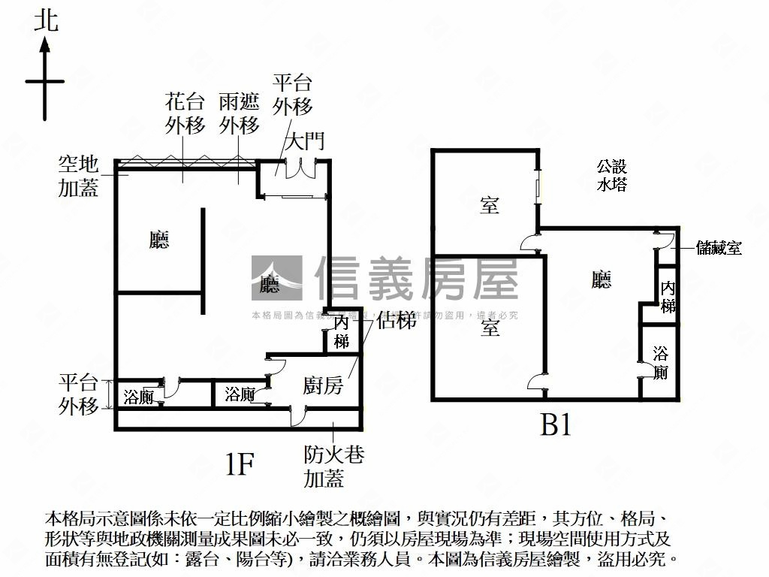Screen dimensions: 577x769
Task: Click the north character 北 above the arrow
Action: point(46,20)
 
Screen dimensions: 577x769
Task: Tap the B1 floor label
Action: point(556,426)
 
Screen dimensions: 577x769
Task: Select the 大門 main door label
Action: point(305,141)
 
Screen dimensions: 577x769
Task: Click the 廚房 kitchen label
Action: point(323,386)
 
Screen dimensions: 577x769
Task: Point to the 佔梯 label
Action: point(397,321)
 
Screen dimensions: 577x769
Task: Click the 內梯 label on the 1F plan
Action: point(342,332)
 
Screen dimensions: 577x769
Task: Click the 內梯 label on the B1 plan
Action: point(668,297)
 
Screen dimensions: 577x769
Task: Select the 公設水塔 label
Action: point(612,175)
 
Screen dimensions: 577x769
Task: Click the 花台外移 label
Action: point(185,113)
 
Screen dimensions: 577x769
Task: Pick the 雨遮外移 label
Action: point(240,113)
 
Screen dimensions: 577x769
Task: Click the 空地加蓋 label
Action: point(79,175)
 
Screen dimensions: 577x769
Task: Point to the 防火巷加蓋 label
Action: point(324,466)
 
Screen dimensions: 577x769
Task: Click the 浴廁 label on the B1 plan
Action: point(660,362)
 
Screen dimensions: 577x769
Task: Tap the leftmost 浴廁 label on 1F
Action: point(138,395)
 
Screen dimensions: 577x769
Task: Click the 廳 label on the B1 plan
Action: point(601,280)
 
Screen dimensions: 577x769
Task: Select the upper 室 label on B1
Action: point(490,204)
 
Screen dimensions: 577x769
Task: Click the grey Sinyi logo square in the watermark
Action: point(276,279)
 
